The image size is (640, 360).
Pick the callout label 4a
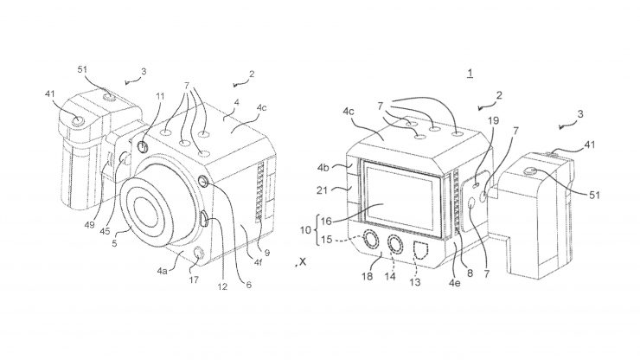(x=162, y=272)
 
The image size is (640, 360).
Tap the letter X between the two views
(x=300, y=260)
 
